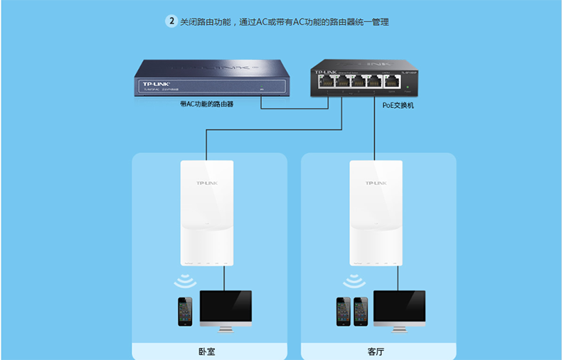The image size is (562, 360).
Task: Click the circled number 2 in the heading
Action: pyautogui.click(x=171, y=21)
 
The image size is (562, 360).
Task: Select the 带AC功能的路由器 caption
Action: pyautogui.click(x=207, y=104)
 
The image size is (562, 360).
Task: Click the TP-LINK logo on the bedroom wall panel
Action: pyautogui.click(x=207, y=184)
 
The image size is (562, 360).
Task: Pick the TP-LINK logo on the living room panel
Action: pyautogui.click(x=376, y=184)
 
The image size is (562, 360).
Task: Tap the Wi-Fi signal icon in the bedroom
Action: pyautogui.click(x=186, y=280)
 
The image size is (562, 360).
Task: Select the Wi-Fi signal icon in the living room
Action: pyautogui.click(x=354, y=282)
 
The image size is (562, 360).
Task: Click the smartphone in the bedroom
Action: pyautogui.click(x=186, y=311)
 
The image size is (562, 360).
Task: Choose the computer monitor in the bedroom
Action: pyautogui.click(x=226, y=307)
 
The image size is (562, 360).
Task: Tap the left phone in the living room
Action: pyautogui.click(x=344, y=311)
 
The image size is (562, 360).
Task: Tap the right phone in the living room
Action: pyautogui.click(x=361, y=311)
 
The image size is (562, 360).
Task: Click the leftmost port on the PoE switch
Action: pyautogui.click(x=330, y=81)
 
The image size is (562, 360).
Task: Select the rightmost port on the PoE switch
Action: pyautogui.click(x=390, y=81)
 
